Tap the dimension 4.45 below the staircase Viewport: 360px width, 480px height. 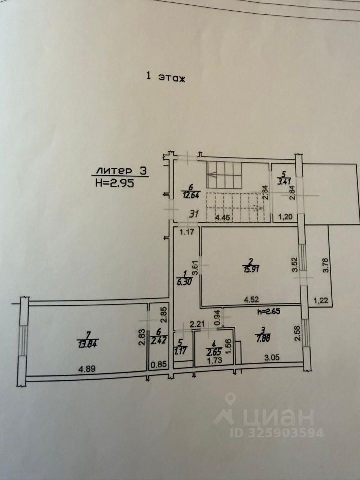point(225,217)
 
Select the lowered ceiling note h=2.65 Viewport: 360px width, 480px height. point(270,312)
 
